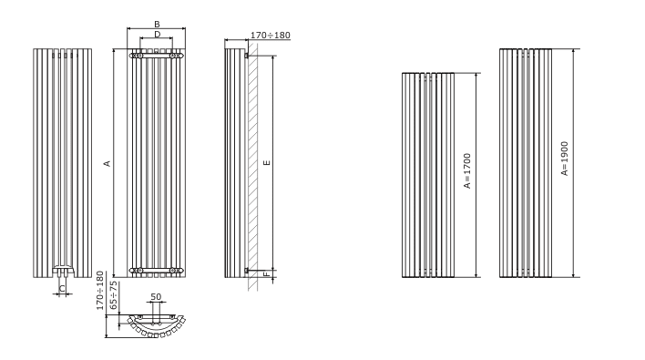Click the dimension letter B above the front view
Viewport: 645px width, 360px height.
[x=157, y=25]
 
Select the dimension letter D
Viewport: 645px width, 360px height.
[x=157, y=35]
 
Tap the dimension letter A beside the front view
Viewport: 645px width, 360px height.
[x=107, y=163]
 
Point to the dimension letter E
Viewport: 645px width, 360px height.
[x=267, y=163]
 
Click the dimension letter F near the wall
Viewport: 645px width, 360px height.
[x=267, y=273]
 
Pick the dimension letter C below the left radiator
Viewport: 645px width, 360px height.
[x=62, y=288]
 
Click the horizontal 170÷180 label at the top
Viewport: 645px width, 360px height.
[x=271, y=36]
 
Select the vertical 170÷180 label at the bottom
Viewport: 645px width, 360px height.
[x=100, y=291]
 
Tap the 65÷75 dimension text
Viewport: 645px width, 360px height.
[x=114, y=295]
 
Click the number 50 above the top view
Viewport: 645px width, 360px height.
[x=156, y=296]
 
